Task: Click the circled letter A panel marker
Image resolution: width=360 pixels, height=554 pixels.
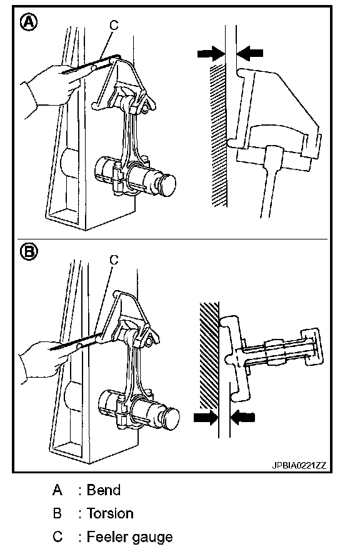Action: click(x=29, y=23)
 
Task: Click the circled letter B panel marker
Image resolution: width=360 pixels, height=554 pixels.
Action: click(x=29, y=251)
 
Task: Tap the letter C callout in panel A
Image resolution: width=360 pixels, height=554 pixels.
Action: click(x=114, y=25)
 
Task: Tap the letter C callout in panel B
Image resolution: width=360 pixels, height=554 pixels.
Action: click(x=114, y=259)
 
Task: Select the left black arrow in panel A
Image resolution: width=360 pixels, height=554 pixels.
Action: click(x=211, y=53)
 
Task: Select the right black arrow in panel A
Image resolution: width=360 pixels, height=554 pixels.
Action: click(x=250, y=53)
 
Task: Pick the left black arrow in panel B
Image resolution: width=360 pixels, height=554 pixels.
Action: click(x=206, y=417)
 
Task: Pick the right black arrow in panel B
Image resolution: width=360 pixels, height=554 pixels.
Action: click(x=242, y=417)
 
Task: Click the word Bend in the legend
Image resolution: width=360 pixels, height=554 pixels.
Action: click(x=104, y=490)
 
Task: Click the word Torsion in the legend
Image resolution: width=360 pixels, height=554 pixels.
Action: click(x=110, y=513)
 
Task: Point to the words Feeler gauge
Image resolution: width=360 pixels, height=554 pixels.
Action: click(x=129, y=537)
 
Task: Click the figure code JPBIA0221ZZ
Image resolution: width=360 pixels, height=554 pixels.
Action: click(x=299, y=465)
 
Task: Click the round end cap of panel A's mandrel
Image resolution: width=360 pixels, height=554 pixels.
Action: click(x=167, y=185)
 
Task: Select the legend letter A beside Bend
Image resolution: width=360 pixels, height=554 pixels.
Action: click(x=57, y=490)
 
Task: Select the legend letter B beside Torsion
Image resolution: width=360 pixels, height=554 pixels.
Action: click(x=57, y=513)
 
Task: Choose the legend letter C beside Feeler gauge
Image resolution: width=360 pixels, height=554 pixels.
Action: click(x=57, y=536)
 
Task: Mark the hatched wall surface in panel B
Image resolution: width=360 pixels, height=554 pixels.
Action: click(x=209, y=355)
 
